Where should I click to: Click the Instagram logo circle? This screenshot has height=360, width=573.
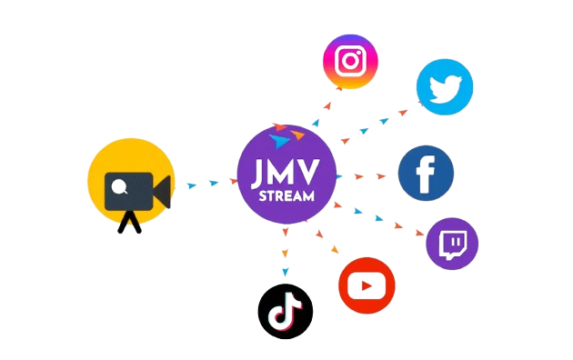(350, 61)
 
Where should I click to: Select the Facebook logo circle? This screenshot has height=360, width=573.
(426, 174)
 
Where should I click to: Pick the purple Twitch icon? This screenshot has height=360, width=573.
(452, 243)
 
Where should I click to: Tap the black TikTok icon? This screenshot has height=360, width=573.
(285, 311)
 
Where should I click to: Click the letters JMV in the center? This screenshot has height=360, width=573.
(286, 171)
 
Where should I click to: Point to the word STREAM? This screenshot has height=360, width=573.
(286, 195)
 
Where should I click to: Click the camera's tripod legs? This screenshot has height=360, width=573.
(132, 222)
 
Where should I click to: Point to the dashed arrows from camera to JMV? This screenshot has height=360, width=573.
(203, 185)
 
